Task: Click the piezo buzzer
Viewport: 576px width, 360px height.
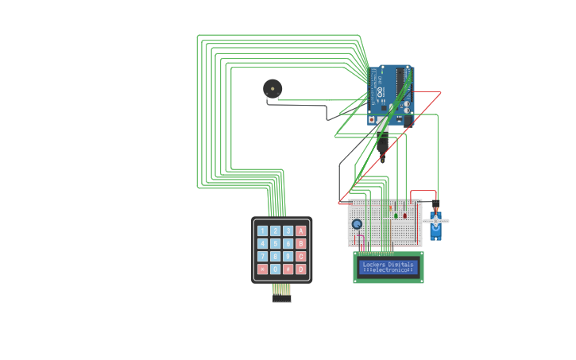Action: pyautogui.click(x=273, y=88)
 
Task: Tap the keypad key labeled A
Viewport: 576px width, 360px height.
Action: pyautogui.click(x=301, y=231)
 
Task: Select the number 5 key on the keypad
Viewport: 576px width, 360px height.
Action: pyautogui.click(x=276, y=244)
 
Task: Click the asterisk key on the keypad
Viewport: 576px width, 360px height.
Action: pyautogui.click(x=263, y=269)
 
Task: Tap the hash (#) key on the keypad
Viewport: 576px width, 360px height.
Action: pyautogui.click(x=288, y=269)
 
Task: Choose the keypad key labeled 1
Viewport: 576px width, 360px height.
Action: pyautogui.click(x=263, y=231)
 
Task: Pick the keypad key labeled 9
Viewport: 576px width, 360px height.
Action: pyautogui.click(x=288, y=257)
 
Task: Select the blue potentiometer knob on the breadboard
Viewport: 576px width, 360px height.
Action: pyautogui.click(x=357, y=225)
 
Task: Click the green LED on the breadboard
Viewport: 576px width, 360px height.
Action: pyautogui.click(x=395, y=215)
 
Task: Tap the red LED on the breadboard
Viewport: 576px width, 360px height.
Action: pyautogui.click(x=404, y=215)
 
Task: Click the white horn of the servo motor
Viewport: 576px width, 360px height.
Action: pyautogui.click(x=436, y=221)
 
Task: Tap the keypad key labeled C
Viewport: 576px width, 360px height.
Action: pyautogui.click(x=301, y=257)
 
